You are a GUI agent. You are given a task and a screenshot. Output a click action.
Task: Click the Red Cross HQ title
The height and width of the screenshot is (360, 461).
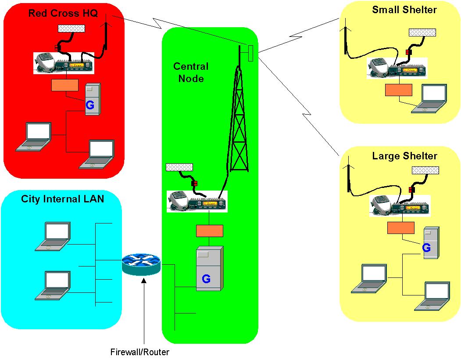pos(63,13)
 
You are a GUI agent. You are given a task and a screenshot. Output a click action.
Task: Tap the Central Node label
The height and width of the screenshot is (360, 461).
pos(191,72)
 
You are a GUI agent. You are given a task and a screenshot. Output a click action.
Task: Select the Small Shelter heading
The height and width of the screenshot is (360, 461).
pos(404,10)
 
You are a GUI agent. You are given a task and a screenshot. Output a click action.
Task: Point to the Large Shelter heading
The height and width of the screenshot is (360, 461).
pos(404,156)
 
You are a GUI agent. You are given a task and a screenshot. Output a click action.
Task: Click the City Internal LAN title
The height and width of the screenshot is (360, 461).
pos(63,199)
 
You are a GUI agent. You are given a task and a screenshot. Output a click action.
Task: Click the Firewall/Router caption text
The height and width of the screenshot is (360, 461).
pos(139,352)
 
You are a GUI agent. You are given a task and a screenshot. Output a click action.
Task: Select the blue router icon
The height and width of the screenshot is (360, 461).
pos(141,264)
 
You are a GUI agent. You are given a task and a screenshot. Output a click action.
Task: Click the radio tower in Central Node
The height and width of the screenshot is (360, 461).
pos(239,118)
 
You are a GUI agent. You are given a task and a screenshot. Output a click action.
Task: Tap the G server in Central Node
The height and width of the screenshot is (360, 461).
pos(210,268)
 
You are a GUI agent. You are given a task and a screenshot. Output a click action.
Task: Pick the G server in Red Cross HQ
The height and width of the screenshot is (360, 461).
pos(93,99)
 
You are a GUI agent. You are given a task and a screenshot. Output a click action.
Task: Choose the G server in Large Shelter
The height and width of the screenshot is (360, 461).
pos(431,243)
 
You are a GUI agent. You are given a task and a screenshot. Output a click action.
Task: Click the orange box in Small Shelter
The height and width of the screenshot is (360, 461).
pos(398,90)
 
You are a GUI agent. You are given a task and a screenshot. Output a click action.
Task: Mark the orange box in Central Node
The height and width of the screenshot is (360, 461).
pos(210,231)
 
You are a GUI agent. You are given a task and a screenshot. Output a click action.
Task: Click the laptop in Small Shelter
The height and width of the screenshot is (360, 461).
pos(429,99)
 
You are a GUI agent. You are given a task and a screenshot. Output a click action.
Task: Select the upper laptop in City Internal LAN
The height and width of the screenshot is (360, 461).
pos(53,237)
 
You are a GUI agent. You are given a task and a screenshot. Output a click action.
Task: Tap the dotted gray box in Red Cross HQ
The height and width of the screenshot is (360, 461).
pos(71,29)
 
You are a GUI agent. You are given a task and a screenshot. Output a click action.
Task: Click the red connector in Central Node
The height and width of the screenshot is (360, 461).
pos(194,184)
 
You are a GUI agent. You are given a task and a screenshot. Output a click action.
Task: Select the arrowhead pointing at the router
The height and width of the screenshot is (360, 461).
pos(144,280)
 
